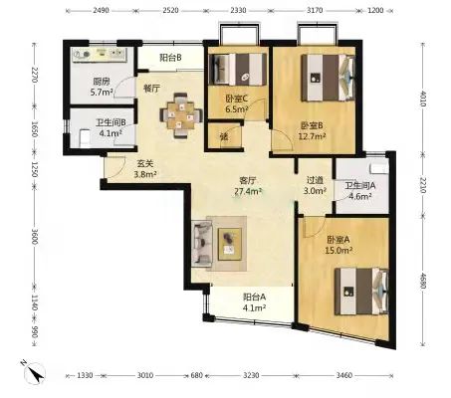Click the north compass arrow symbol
coord(34,372)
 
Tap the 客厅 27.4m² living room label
coord(248,186)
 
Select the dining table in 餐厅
coord(181,114)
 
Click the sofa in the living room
coord(202,243)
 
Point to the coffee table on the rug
coord(230,244)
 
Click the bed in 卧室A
coord(361,292)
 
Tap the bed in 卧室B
coord(328,78)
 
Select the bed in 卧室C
coord(238,69)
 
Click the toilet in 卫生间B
coord(85,138)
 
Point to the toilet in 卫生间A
coord(379,168)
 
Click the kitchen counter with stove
coord(100,55)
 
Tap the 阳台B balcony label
coord(170,58)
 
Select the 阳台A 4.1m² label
coord(254,302)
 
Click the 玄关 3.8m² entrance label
coord(145,169)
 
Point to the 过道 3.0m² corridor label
coord(315,186)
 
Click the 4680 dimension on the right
coord(422,281)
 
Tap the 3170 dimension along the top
coord(315,10)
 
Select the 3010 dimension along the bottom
coord(145,375)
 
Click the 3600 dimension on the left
coord(34,236)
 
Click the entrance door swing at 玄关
coord(114,167)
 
